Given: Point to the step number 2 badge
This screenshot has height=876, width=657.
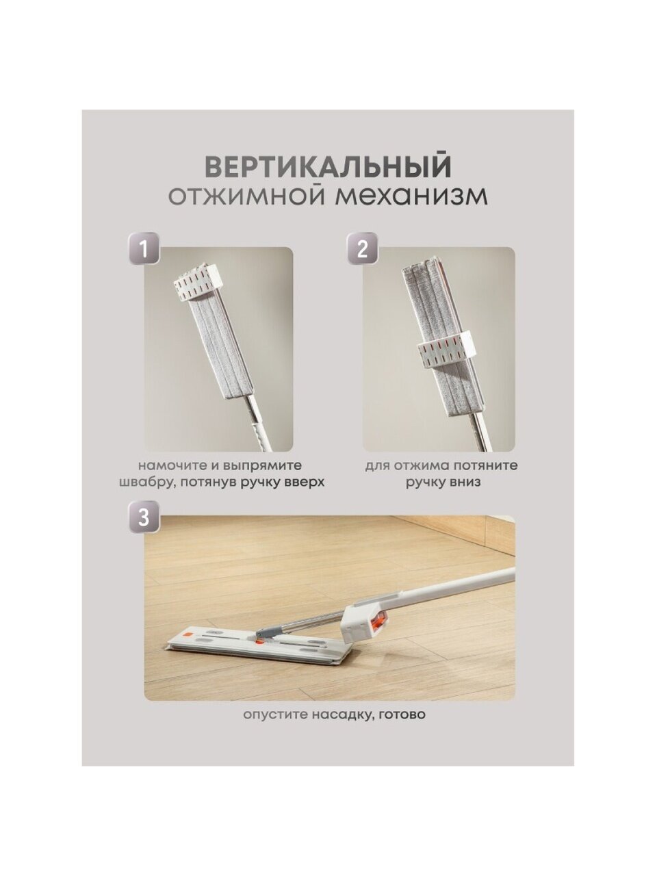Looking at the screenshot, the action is click(x=362, y=248).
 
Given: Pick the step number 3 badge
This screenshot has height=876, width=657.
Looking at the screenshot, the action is click(x=144, y=517).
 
